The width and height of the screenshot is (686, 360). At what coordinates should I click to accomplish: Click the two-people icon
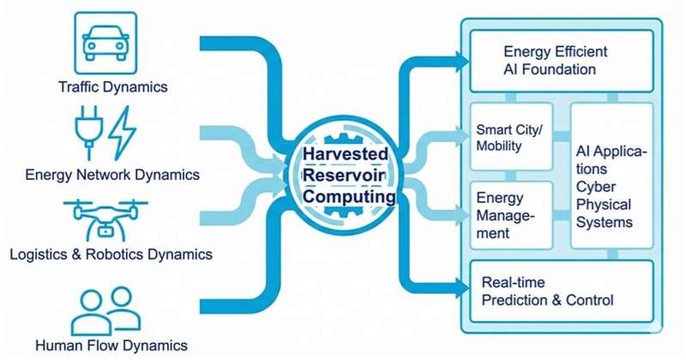106,310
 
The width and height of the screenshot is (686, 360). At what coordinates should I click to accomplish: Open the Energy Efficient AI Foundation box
563,60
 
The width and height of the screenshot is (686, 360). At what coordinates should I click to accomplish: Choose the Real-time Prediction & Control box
563,291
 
